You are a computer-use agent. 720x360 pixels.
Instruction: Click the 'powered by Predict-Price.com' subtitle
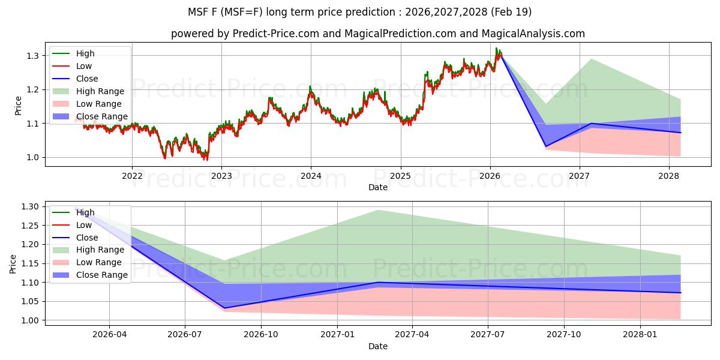378,34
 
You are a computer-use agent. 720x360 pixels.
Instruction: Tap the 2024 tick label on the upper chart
311,176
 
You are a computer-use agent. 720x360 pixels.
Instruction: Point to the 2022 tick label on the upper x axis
132,176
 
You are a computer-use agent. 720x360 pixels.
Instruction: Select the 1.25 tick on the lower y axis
29,226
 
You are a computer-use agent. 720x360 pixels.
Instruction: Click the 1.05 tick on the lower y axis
29,301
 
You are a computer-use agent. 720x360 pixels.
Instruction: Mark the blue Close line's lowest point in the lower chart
224,308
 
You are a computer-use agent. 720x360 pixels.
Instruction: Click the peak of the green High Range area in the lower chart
377,210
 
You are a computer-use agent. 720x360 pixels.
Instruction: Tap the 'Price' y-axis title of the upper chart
17,106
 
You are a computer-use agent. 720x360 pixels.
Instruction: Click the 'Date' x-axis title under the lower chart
378,346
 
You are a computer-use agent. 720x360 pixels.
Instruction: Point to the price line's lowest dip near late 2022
206,160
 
